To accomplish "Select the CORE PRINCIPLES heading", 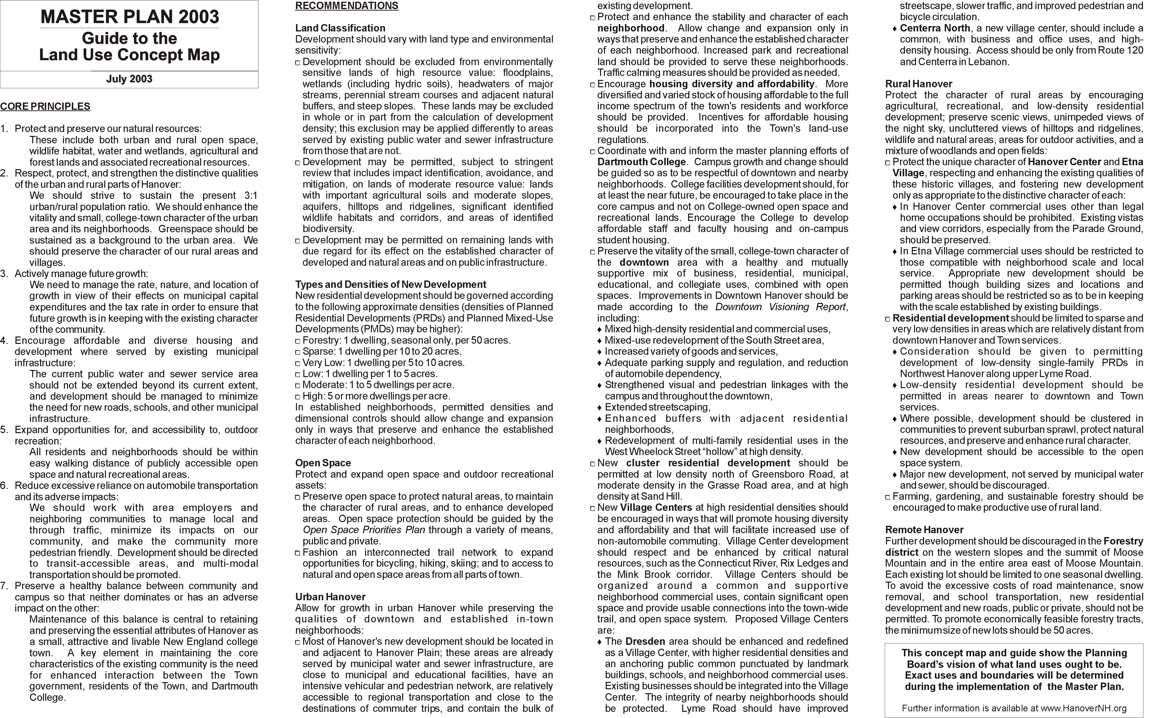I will pos(45,106).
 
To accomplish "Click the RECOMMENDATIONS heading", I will pos(347,6).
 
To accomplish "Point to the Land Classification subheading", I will pos(340,28).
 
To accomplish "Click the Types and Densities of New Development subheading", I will pos(390,284).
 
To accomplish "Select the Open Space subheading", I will pos(323,463).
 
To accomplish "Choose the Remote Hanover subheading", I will pos(924,530).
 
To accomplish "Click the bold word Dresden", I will pos(645,642).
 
